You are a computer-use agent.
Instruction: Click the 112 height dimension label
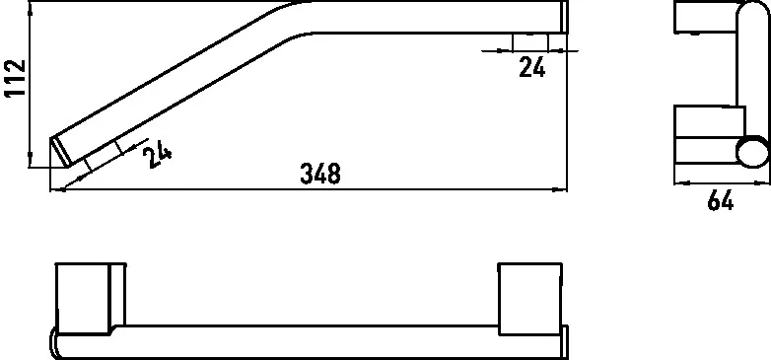15,79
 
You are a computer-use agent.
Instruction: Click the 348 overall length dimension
320,175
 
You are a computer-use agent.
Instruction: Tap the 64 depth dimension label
721,200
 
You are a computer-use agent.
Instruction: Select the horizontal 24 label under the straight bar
532,67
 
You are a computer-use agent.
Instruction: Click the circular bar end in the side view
752,152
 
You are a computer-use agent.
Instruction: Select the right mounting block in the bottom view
530,299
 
